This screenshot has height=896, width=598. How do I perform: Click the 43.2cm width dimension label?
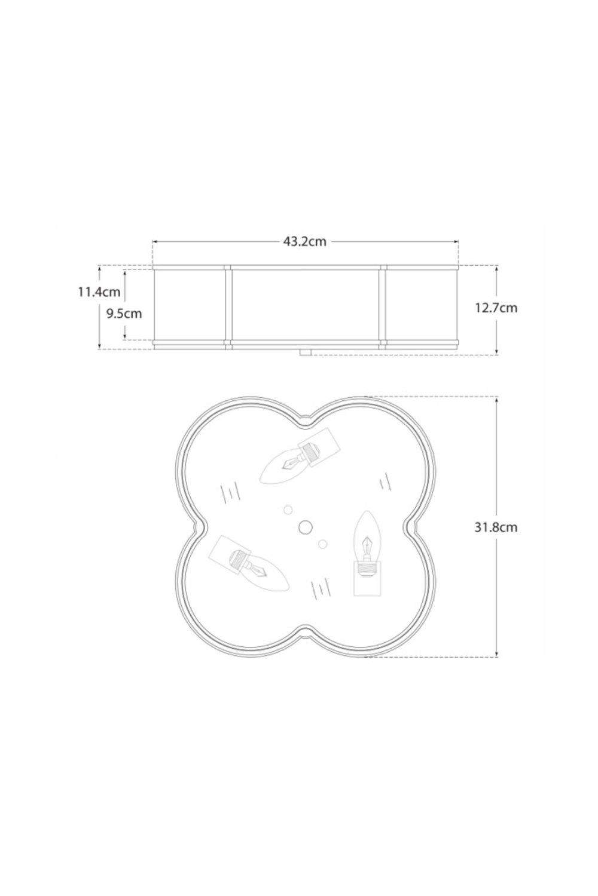305,242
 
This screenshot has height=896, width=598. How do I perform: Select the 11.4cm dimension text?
99,292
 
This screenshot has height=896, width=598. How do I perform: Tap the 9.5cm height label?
124,313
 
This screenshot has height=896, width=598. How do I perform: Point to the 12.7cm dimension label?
496,308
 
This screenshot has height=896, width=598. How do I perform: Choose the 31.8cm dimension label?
496,527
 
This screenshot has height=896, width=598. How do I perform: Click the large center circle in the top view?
305,526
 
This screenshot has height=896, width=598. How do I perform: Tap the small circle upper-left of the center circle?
288,510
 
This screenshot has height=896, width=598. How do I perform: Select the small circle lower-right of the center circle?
323,544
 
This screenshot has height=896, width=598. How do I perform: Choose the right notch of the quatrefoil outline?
411,526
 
